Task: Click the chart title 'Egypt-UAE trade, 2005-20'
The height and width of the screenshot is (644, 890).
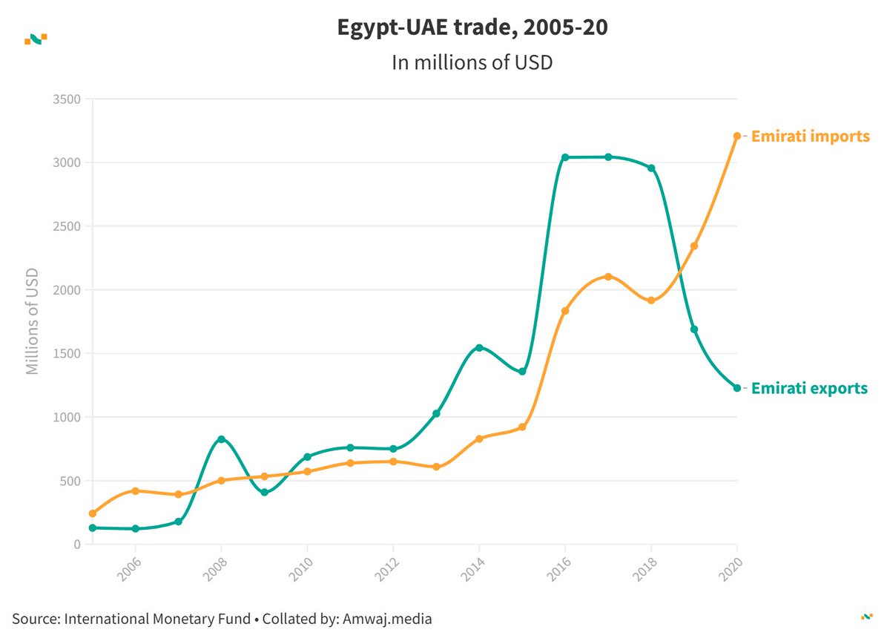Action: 472,29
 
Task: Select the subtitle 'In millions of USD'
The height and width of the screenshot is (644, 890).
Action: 472,62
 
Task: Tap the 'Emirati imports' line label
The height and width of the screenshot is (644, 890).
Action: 810,137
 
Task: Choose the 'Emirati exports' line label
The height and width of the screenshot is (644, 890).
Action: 809,388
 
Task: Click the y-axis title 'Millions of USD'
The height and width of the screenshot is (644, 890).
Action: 32,321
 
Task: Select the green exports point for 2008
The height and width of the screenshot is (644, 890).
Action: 221,439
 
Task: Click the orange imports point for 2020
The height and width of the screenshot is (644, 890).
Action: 737,136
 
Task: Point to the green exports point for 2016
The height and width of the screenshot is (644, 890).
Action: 565,157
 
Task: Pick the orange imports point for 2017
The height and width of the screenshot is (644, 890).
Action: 608,277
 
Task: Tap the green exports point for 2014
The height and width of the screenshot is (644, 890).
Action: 479,348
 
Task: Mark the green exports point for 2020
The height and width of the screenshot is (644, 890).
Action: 737,388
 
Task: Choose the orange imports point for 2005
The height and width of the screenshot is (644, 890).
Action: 92,513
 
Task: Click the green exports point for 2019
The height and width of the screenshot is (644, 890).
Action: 694,329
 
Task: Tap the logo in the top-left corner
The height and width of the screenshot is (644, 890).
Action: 36,39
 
